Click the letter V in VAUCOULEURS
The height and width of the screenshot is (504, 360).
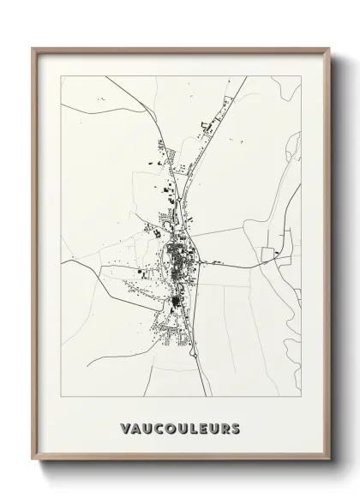126,428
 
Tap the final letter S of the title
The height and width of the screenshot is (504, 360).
235,428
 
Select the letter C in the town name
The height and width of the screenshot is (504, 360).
158,428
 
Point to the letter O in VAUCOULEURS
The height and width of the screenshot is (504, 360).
169,428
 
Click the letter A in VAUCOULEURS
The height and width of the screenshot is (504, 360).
136,428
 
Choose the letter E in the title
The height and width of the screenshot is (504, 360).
202,428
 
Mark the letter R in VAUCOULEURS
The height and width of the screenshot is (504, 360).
224,428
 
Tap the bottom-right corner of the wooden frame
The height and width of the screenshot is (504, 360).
329,460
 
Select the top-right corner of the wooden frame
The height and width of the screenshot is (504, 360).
329,48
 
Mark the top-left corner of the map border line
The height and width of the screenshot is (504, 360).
62,76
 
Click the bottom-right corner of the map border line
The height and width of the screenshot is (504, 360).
301,397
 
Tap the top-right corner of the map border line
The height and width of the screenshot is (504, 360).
301,76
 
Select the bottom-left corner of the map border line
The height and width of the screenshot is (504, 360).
62,397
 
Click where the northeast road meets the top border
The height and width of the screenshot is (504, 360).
247,76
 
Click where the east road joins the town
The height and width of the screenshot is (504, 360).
202,261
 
